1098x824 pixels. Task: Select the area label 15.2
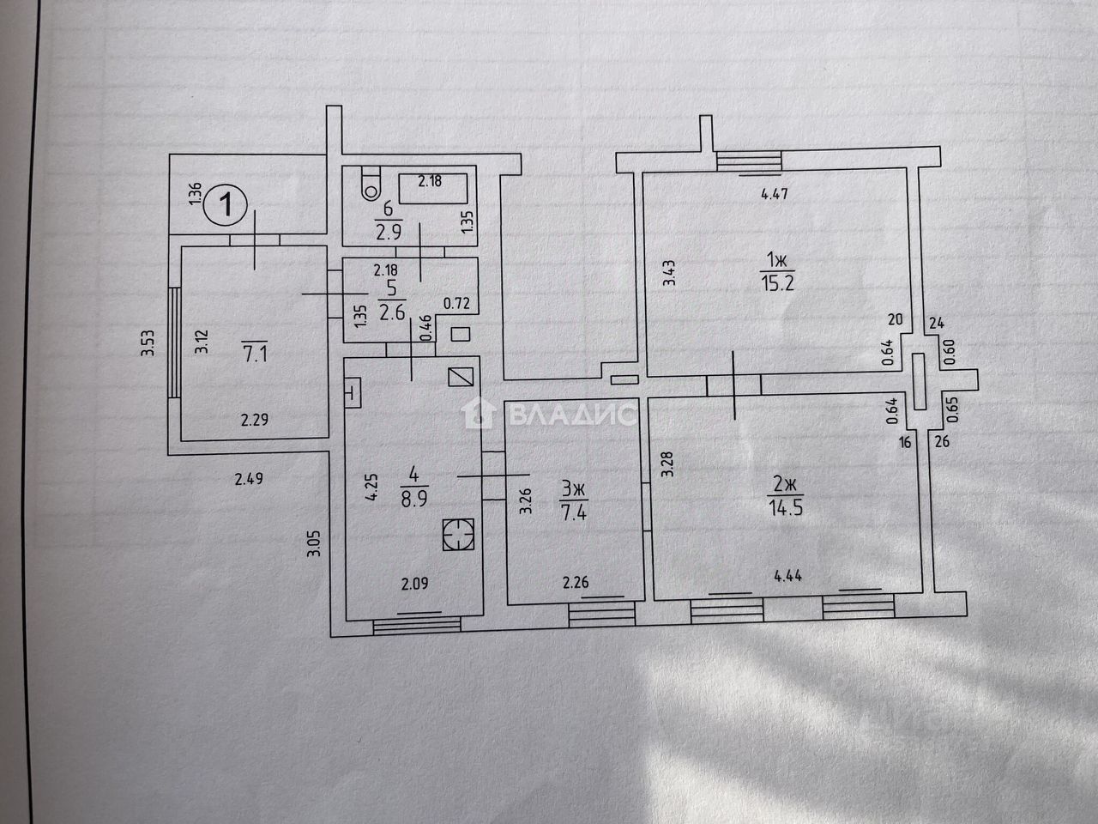tap(778, 282)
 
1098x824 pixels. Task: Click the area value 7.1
tap(255, 354)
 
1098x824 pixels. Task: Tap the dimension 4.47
tap(775, 194)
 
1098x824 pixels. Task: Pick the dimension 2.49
tap(249, 479)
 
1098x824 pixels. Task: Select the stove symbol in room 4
tap(456, 535)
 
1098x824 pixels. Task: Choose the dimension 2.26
tap(576, 584)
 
